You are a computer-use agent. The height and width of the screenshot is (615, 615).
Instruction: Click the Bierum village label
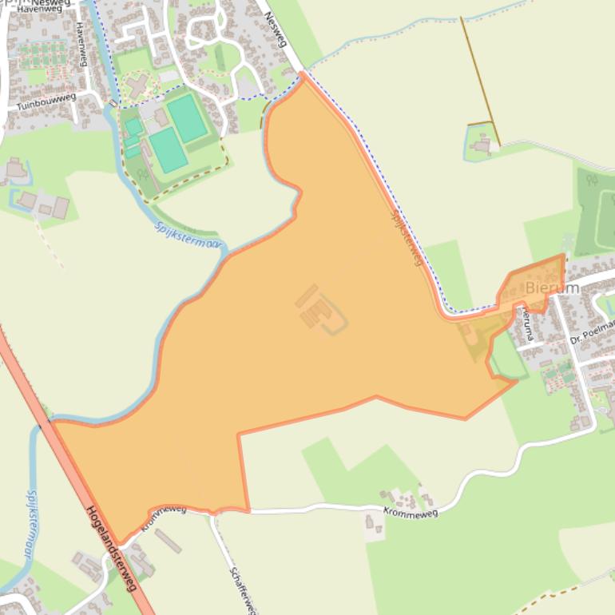pos(552,288)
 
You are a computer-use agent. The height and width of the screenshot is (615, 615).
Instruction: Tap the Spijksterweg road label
pos(407,237)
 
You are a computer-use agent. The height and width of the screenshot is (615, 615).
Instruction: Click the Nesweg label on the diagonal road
pos(276,30)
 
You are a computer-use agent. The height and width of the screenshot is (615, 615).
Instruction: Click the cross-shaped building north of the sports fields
pos(136,84)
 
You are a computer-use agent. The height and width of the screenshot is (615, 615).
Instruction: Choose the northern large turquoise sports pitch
pos(187,117)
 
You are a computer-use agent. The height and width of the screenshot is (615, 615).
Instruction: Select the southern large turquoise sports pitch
pos(168,149)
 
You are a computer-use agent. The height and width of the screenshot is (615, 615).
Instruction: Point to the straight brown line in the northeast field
pos(480,80)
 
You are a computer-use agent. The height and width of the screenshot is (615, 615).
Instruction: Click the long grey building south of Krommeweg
pos(168,541)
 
